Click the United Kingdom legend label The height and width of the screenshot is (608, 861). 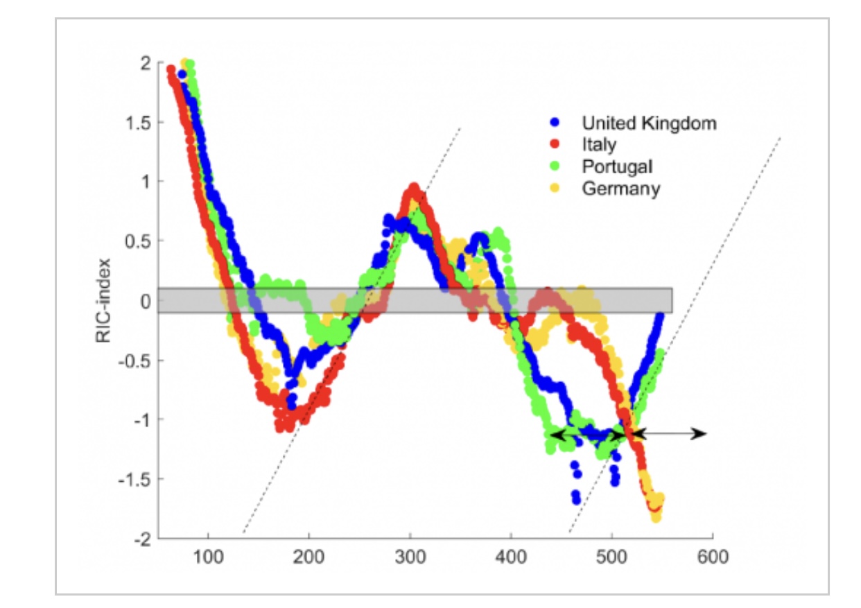click(x=649, y=123)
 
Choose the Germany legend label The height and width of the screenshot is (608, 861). click(x=620, y=188)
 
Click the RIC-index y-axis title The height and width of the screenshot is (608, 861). click(x=105, y=300)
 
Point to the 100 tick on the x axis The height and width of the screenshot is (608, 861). click(x=208, y=558)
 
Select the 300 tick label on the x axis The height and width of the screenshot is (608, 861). click(x=410, y=558)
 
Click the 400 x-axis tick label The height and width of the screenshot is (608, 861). click(x=511, y=558)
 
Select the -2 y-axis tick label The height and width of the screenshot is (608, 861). click(x=141, y=539)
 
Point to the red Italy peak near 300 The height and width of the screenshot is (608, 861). click(x=415, y=187)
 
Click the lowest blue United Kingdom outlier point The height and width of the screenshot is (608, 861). click(x=577, y=499)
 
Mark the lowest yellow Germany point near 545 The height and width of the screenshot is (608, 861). click(x=656, y=517)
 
